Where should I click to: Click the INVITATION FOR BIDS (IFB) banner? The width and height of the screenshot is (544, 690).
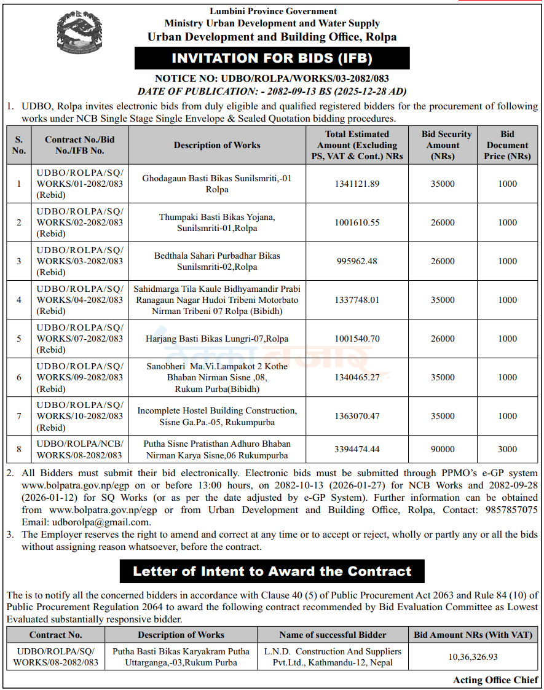click(272, 58)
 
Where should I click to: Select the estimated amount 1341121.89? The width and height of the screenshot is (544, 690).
click(357, 184)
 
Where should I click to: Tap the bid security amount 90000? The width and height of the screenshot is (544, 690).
click(443, 449)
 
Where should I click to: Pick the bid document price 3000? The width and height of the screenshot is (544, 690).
click(507, 449)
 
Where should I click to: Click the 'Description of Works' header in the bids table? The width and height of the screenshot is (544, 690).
click(217, 145)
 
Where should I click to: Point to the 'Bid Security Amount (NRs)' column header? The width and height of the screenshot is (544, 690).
click(446, 145)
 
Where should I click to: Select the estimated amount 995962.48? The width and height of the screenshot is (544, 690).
click(357, 261)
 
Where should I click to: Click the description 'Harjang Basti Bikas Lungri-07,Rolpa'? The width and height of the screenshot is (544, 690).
click(217, 339)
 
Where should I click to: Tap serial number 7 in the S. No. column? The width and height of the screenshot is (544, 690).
click(19, 416)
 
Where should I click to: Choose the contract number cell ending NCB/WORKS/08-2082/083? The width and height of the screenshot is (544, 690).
click(80, 449)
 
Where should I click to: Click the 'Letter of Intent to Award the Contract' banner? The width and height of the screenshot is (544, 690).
click(272, 571)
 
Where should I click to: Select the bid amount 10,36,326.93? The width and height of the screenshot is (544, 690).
click(473, 657)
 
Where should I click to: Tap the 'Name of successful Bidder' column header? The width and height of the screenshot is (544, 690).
click(333, 635)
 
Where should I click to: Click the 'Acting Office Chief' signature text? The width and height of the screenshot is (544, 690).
click(495, 680)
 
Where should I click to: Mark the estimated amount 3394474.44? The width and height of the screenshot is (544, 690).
click(357, 449)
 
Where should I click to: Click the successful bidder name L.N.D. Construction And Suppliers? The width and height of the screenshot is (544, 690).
click(333, 651)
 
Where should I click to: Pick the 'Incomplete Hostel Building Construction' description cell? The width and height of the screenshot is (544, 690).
click(217, 416)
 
